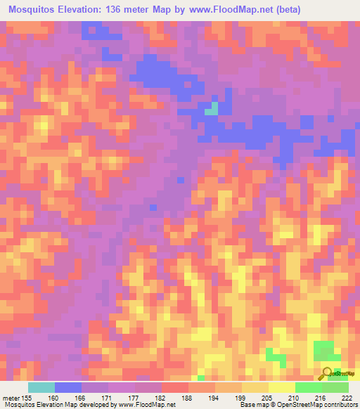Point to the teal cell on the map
[x=211, y=108]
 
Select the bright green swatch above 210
[x=308, y=387]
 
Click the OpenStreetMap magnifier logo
[x=328, y=372]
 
